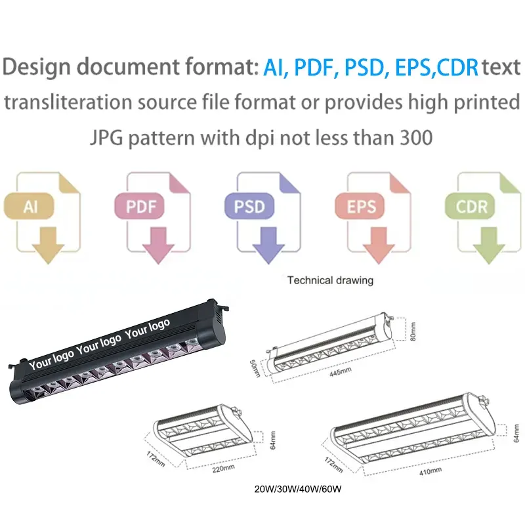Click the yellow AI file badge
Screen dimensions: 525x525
click(x=29, y=206)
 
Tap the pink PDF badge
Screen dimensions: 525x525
click(x=139, y=206)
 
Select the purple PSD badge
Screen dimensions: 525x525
click(x=249, y=206)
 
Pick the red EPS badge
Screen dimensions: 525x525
click(x=360, y=206)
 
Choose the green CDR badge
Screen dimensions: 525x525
click(x=470, y=206)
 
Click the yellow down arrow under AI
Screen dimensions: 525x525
click(x=48, y=245)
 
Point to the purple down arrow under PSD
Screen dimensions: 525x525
click(x=268, y=245)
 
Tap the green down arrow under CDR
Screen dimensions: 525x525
click(x=489, y=245)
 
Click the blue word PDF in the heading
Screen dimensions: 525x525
click(x=315, y=68)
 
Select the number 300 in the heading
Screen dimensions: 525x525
click(x=416, y=138)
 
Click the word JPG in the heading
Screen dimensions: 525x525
click(x=106, y=138)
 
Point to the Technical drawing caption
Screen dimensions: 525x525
click(x=330, y=280)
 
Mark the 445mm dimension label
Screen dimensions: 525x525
click(x=341, y=371)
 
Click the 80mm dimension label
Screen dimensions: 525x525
click(x=413, y=331)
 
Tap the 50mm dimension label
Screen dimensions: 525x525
click(x=255, y=369)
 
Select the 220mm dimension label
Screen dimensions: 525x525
click(x=223, y=469)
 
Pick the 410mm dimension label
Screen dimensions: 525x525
click(x=430, y=471)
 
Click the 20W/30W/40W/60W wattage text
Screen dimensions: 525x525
click(x=298, y=489)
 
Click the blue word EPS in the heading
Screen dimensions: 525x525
click(x=413, y=68)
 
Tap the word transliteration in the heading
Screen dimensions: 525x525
click(x=68, y=102)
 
